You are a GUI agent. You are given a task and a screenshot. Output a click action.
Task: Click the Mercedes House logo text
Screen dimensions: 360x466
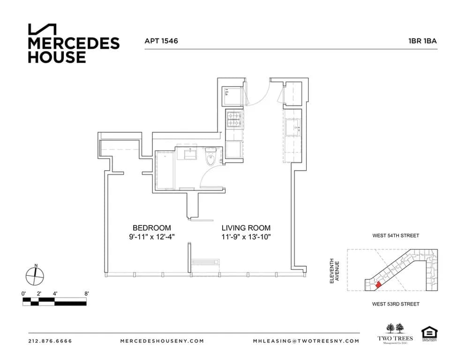(74, 50)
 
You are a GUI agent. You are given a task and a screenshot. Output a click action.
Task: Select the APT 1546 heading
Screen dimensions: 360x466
(161, 41)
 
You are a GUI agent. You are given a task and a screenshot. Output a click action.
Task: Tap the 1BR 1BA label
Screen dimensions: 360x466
(422, 41)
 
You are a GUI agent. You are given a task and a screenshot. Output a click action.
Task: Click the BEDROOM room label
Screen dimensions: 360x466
(151, 228)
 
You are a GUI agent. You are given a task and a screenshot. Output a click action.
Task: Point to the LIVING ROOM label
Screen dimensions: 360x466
(246, 228)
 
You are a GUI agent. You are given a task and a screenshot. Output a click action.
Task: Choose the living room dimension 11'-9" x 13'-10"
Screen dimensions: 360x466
(246, 237)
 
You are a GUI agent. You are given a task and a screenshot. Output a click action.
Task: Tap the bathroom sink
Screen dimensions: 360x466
(190, 153)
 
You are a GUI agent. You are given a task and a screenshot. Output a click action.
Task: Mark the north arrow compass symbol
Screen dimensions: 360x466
(36, 275)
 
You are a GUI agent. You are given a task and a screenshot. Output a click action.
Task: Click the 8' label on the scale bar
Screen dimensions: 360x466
(86, 293)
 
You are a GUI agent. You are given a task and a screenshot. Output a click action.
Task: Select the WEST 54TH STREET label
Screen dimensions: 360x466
(395, 236)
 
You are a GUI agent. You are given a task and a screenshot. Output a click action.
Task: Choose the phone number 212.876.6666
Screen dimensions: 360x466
(50, 341)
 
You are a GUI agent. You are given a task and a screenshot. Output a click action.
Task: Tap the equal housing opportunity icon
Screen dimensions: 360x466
(428, 333)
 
